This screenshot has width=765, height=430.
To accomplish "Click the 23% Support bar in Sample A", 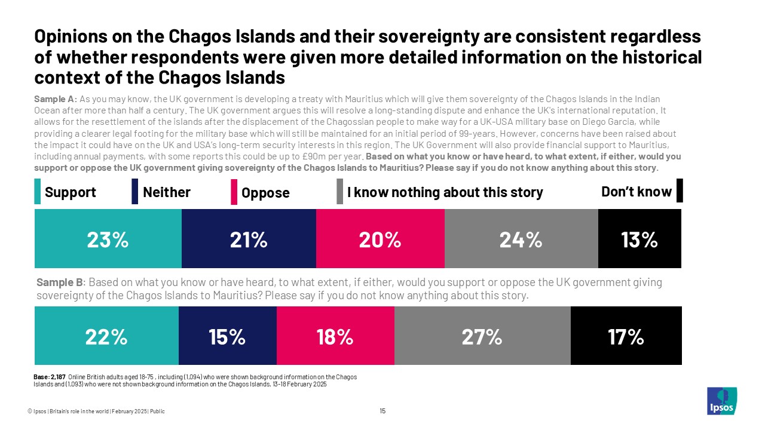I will coord(108,239).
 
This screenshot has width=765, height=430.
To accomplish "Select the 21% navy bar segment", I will coord(249,239).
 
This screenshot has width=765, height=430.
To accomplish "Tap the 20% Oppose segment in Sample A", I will coord(380,239).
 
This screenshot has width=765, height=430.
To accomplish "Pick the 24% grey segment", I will coord(521,239).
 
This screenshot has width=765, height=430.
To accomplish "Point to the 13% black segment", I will coord(639,239).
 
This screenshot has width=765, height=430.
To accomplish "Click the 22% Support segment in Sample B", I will coord(106,336).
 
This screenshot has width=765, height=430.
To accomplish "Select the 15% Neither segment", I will coord(227,336).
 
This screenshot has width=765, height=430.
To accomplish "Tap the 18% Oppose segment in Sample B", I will coord(335,336).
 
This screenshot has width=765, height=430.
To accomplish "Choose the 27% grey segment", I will coord(482,336).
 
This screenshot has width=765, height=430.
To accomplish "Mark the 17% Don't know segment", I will coord(626,336).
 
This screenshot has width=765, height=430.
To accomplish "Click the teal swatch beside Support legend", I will coord(38,192).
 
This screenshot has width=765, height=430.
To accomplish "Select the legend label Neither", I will coord(166,192).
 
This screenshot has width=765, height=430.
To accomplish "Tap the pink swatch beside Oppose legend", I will coord(234,192).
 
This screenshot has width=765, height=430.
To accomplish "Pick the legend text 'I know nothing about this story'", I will coord(445,192).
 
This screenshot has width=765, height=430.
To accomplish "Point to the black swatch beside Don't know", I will coord(679,191).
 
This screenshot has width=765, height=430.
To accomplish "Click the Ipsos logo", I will coord(721,401).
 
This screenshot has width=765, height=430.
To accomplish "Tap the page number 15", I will coord(382,411).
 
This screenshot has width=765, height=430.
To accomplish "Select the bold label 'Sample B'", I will coord(59,282).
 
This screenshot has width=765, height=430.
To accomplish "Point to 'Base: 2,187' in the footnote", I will coord(50,376).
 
